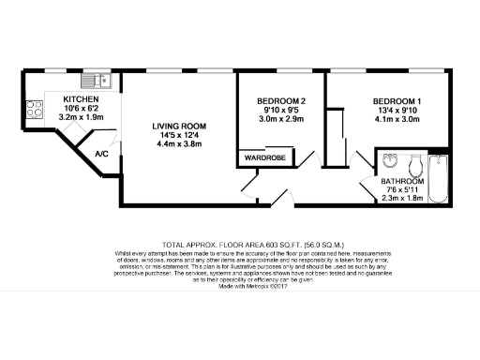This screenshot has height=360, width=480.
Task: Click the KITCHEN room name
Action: pos(81,98)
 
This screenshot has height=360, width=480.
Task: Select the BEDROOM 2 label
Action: pos(282,100)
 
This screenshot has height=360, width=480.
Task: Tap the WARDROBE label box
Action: pos(265,158)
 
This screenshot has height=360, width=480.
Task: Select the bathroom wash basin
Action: pos(391,158)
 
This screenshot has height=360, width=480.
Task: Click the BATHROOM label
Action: pos(402,181)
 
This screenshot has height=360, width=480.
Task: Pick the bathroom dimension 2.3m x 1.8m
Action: pos(402,199)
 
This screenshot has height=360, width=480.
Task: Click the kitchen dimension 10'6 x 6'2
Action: pos(81,109)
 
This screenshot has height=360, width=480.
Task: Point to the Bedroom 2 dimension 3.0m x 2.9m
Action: pos(282,120)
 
